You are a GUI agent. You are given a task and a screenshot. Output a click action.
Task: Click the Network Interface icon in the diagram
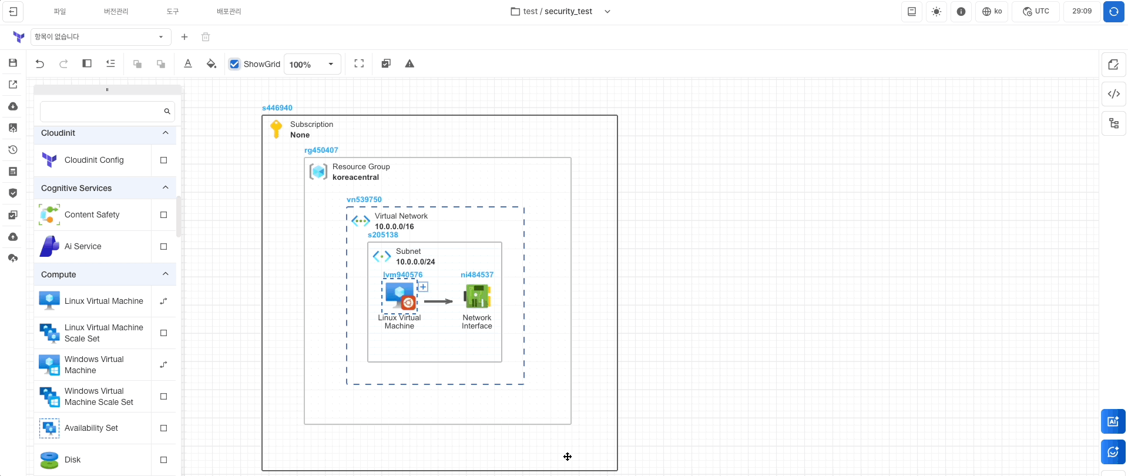click(477, 296)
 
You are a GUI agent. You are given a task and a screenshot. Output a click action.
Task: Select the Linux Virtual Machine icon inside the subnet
click(400, 297)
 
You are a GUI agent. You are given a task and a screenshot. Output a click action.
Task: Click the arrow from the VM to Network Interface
click(438, 301)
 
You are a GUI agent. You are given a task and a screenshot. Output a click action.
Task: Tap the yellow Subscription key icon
click(276, 129)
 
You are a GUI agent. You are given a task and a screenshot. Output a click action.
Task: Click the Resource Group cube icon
click(318, 172)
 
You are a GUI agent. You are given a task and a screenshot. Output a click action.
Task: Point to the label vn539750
click(364, 200)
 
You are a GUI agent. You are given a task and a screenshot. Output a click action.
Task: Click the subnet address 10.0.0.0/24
click(415, 262)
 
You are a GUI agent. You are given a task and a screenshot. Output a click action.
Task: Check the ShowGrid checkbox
click(235, 64)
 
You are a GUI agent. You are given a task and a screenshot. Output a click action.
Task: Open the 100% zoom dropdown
click(331, 64)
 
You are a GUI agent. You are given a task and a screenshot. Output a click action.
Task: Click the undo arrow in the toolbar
click(40, 64)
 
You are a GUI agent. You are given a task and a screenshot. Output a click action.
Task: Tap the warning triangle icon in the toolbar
click(409, 64)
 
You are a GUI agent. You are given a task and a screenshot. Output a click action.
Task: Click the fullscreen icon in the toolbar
click(359, 64)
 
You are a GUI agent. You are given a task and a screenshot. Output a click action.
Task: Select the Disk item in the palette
click(73, 460)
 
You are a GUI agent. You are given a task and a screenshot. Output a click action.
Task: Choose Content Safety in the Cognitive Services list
click(92, 214)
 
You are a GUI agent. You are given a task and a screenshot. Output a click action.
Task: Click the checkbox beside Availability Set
click(164, 428)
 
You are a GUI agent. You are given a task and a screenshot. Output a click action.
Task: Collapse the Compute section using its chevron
click(166, 274)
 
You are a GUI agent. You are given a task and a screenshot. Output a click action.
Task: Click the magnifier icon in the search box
click(167, 111)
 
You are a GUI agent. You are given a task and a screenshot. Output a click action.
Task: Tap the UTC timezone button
click(1036, 11)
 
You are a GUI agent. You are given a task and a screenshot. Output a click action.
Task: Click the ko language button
click(992, 11)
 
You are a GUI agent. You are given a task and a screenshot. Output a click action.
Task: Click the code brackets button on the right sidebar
click(1113, 94)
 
